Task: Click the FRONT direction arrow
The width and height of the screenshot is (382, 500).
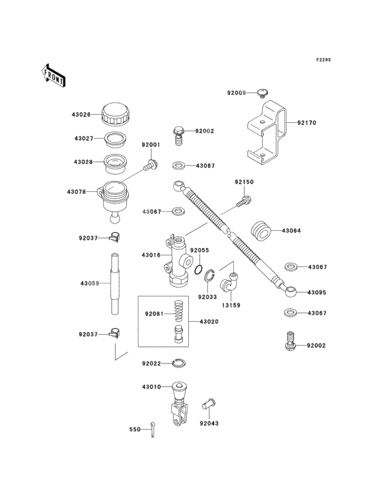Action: [53, 76]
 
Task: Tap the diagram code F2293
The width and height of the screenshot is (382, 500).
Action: [323, 59]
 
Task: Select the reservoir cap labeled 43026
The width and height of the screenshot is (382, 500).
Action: [116, 114]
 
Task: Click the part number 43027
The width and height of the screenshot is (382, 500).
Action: [84, 139]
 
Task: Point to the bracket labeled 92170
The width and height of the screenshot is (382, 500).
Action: [267, 133]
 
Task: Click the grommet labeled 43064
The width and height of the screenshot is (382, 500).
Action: [261, 231]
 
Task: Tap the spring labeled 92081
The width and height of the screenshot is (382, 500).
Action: [179, 311]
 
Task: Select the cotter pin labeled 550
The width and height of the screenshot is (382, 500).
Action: [153, 429]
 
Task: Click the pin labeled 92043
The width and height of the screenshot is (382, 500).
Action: [209, 404]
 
